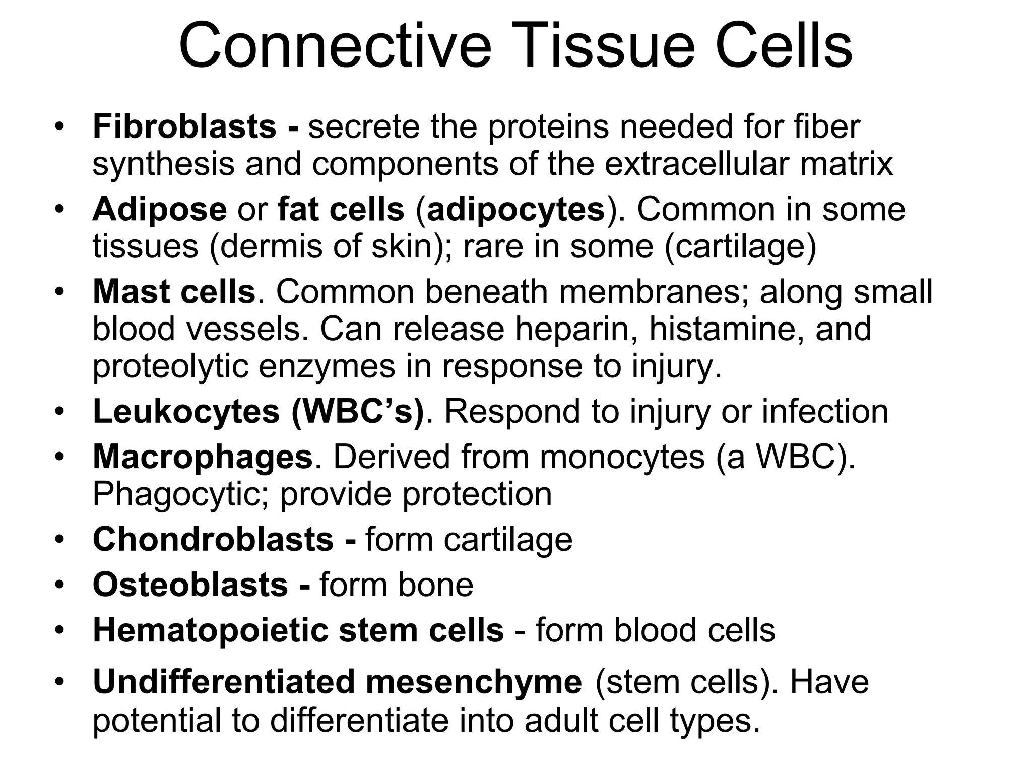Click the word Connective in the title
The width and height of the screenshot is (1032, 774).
335,46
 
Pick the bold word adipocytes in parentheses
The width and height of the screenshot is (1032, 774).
515,209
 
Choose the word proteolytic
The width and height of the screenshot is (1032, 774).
171,366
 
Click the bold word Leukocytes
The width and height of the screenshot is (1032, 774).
186,412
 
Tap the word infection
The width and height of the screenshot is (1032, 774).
825,412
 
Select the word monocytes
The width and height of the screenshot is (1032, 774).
622,457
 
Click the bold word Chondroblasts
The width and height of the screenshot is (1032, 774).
213,539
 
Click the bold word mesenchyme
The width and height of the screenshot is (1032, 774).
474,682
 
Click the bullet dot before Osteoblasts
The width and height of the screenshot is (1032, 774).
60,585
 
